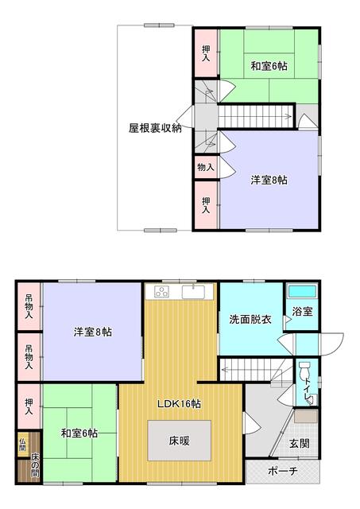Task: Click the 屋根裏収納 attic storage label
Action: pos(155,127)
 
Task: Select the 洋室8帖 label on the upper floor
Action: pos(269,180)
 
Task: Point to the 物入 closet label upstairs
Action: pos(205,167)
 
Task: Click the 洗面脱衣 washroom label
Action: pos(250,320)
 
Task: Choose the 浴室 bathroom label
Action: pos(302,312)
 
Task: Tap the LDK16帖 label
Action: pos(178,404)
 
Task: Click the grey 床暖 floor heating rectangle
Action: pos(178,438)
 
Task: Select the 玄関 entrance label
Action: pos(299,443)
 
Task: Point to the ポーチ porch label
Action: pos(282,472)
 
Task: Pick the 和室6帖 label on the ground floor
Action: pos(79,433)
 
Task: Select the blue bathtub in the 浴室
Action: pos(301,292)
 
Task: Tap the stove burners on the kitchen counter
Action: pos(162,292)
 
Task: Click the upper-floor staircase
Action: pos(258,118)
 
